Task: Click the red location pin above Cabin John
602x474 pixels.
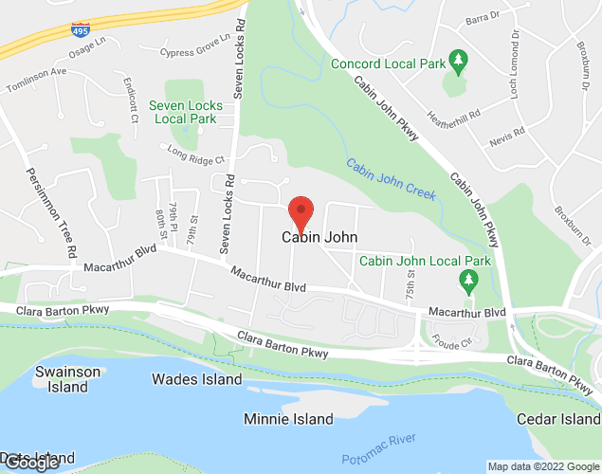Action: point(301,211)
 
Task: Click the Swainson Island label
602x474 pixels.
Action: point(67,379)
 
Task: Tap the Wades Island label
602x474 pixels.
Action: point(197,379)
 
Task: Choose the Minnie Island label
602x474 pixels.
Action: point(288,419)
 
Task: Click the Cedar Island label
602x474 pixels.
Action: point(558,419)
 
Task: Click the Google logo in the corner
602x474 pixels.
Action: point(32,462)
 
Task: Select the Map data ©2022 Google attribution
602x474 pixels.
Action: point(542,466)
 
